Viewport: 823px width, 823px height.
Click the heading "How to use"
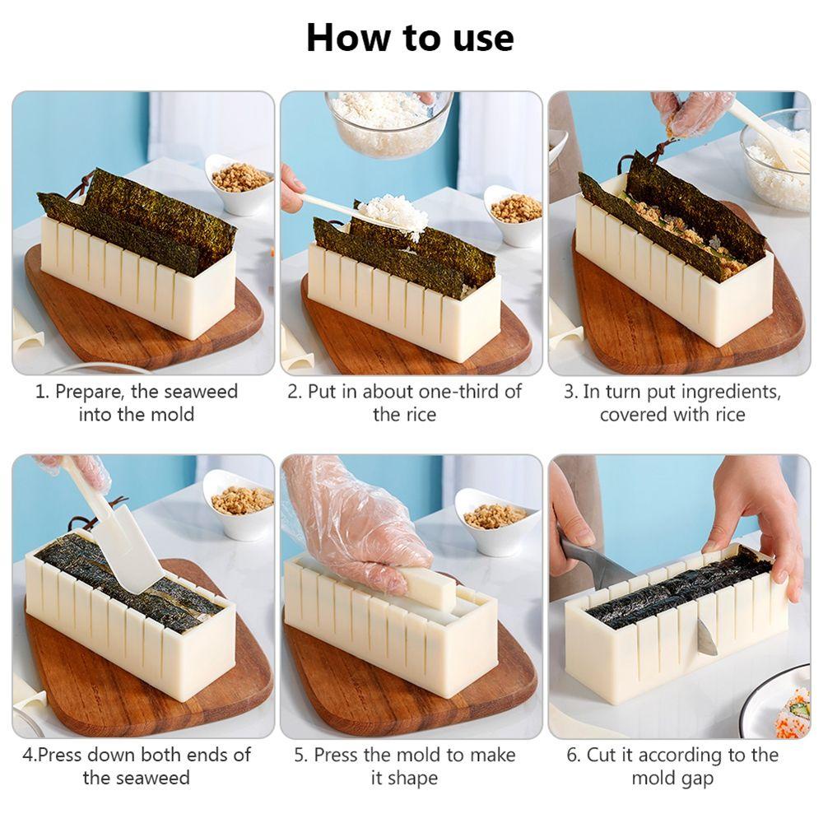410,38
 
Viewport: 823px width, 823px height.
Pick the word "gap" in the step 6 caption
695,778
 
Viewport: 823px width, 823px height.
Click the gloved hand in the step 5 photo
354,527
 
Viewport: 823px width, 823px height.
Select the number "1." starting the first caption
42,392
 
